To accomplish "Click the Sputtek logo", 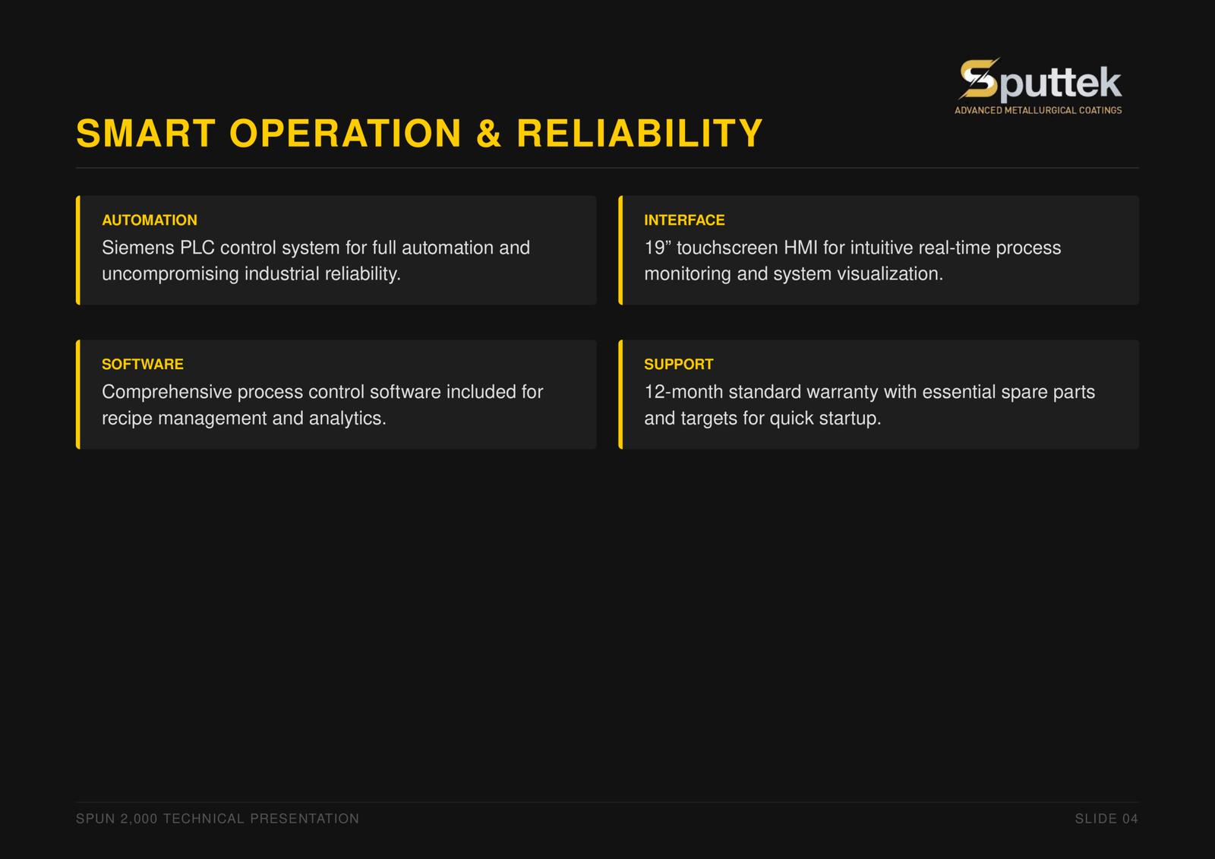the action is click(1038, 86).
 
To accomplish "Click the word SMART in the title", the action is click(146, 134).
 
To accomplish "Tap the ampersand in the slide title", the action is click(488, 134).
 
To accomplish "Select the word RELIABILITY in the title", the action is click(639, 134).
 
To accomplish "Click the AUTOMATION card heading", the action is click(150, 220).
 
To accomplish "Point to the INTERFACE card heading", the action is click(684, 220).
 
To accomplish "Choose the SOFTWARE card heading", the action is click(143, 364).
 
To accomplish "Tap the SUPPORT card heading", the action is click(679, 364).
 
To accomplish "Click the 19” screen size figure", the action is click(658, 248).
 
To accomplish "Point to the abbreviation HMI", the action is click(800, 248).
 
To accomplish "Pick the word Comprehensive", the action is click(167, 393).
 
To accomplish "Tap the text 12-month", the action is click(683, 392).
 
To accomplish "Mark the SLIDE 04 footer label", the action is click(1106, 819).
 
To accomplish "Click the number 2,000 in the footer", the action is click(139, 819).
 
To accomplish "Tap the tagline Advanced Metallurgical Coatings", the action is click(1038, 110).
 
